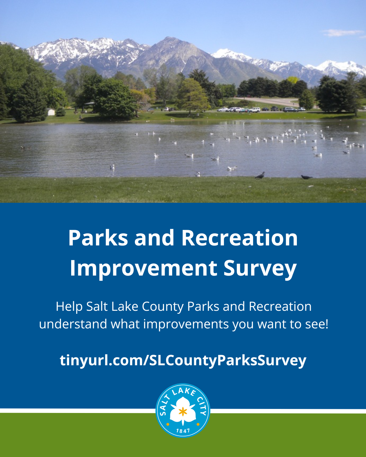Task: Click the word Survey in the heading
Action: click(260, 269)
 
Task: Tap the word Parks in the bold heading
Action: click(98, 238)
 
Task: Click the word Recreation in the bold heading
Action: click(240, 238)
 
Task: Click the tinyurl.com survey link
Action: click(183, 361)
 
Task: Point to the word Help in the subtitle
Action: click(69, 306)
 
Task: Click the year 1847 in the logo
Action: click(183, 431)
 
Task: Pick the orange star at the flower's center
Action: click(183, 412)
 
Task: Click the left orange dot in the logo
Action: click(168, 424)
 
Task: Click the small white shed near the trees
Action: click(51, 112)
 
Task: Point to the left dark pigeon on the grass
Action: click(260, 175)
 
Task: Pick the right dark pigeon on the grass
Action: click(306, 177)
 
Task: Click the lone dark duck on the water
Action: click(22, 147)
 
